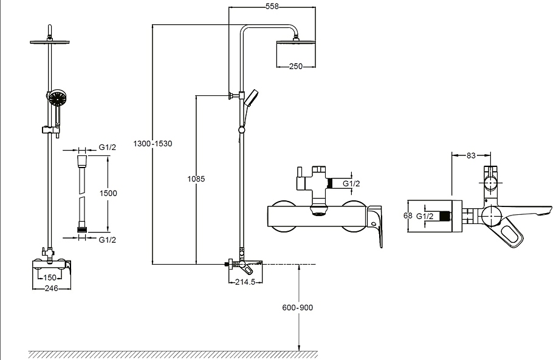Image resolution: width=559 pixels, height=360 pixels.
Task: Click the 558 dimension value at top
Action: (273, 7)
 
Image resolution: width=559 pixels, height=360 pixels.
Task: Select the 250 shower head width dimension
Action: (296, 66)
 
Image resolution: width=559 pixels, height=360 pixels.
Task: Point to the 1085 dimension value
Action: (197, 179)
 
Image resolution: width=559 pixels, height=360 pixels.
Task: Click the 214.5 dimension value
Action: (246, 282)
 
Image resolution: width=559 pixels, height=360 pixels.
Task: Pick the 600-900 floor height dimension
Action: (298, 307)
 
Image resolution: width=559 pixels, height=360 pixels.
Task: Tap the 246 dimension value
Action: (50, 288)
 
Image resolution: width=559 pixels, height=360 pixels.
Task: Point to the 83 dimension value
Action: (471, 155)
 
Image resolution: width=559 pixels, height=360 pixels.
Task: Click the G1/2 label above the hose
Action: (108, 147)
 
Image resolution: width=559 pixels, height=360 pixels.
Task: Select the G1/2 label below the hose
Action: (108, 239)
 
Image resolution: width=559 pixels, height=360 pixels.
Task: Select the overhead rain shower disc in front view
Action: (50, 41)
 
